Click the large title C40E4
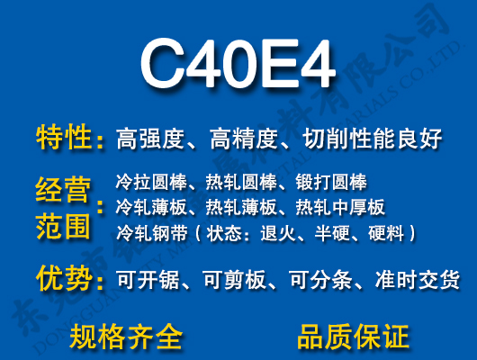[238, 66]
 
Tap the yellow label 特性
[65, 139]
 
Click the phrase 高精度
[242, 139]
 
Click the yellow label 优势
[65, 279]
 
